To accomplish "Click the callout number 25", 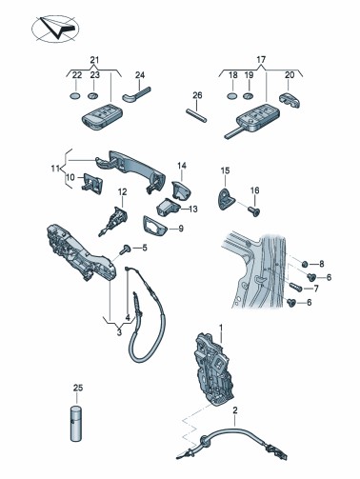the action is pyautogui.click(x=78, y=388).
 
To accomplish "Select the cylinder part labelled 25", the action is pyautogui.click(x=77, y=423).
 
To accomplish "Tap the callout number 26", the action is pyautogui.click(x=197, y=95).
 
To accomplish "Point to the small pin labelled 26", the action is pyautogui.click(x=196, y=115).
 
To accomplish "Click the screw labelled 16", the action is pyautogui.click(x=254, y=210).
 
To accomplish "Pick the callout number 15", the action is pyautogui.click(x=225, y=170).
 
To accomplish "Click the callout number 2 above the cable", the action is pyautogui.click(x=235, y=410).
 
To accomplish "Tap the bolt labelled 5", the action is pyautogui.click(x=125, y=249).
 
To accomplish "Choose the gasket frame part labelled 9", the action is pyautogui.click(x=154, y=226).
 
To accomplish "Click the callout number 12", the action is pyautogui.click(x=122, y=191).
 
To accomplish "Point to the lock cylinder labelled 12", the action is pyautogui.click(x=113, y=220).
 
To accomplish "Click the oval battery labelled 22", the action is pyautogui.click(x=75, y=95).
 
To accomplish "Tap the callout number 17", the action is pyautogui.click(x=261, y=59).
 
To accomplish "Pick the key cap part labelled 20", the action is pyautogui.click(x=290, y=100).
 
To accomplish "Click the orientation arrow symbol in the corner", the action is pyautogui.click(x=55, y=29).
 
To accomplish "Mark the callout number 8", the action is pyautogui.click(x=322, y=264).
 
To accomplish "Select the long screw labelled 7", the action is pyautogui.click(x=296, y=286).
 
